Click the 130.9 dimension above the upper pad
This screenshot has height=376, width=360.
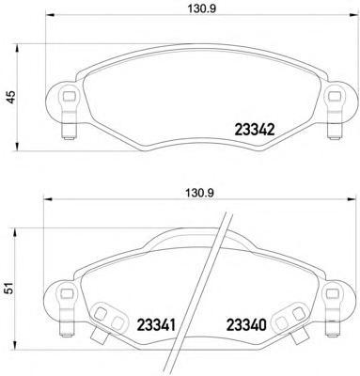[194, 12]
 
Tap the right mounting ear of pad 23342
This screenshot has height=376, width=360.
[333, 98]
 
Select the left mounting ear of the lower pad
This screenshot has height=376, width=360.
[66, 298]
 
